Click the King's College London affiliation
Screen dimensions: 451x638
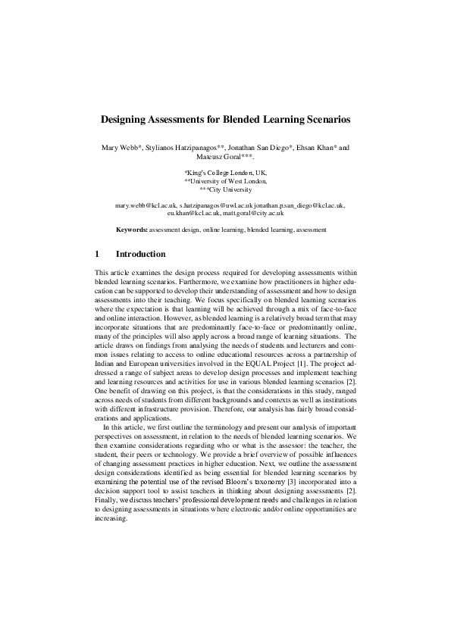point(225,173)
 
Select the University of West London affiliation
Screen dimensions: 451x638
point(225,181)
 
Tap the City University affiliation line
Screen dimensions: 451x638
point(225,189)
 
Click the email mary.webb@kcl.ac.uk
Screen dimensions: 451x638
point(146,205)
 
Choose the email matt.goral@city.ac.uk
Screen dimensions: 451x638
point(253,213)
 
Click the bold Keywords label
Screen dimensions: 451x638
point(132,229)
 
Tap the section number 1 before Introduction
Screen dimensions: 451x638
point(97,254)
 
